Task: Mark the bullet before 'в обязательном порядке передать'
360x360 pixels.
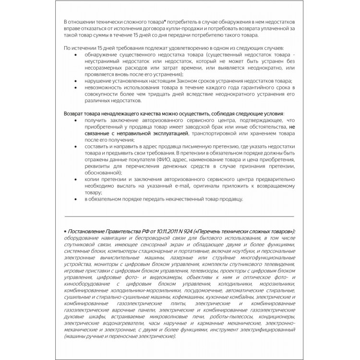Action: (78, 199)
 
